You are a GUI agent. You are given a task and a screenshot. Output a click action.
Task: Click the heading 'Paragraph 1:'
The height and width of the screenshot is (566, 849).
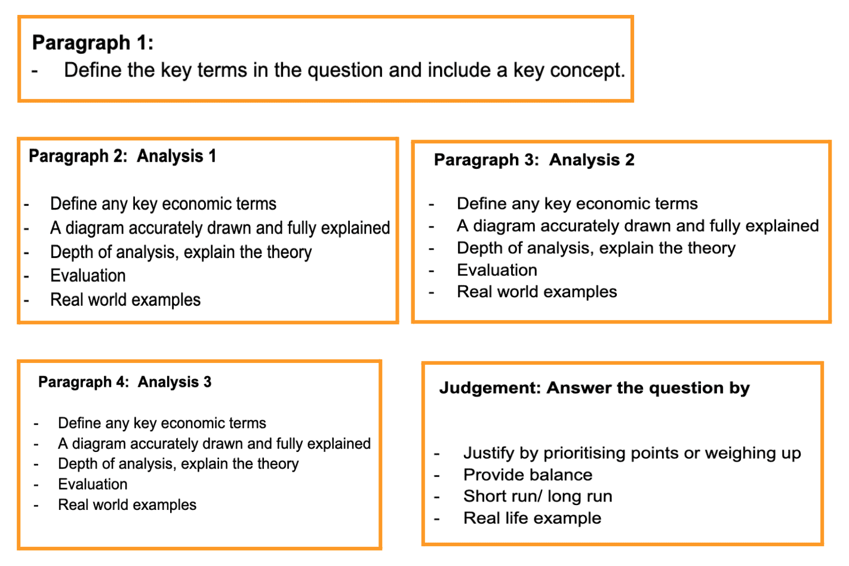pyautogui.click(x=93, y=43)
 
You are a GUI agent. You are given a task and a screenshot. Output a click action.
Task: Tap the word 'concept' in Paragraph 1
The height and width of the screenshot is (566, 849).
pyautogui.click(x=586, y=70)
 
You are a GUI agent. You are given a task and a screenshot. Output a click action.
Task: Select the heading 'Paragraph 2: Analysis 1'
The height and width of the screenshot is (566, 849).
pyautogui.click(x=122, y=156)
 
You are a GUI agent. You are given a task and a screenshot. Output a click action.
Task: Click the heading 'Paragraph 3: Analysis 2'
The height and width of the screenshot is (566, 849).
pyautogui.click(x=534, y=160)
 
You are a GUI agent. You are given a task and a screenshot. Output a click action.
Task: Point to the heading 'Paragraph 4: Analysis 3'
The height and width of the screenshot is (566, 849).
pyautogui.click(x=125, y=382)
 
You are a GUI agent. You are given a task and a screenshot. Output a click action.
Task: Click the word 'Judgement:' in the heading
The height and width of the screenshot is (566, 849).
pyautogui.click(x=490, y=388)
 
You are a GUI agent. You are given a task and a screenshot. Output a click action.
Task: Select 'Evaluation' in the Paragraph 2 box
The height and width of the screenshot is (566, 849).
pyautogui.click(x=88, y=276)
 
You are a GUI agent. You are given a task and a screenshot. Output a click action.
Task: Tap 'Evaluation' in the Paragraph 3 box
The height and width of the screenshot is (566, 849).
pyautogui.click(x=497, y=270)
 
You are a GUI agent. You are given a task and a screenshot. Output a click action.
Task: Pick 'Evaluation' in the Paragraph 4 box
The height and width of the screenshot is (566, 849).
pyautogui.click(x=93, y=484)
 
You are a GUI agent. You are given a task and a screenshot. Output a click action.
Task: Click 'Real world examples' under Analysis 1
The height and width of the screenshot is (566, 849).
pyautogui.click(x=125, y=300)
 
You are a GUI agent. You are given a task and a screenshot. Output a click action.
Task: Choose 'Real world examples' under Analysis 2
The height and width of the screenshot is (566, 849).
pyautogui.click(x=537, y=292)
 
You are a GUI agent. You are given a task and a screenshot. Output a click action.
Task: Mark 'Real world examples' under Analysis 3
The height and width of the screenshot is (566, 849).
pyautogui.click(x=127, y=505)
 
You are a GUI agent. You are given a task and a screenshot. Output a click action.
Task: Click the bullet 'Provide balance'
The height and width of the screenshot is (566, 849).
pyautogui.click(x=528, y=475)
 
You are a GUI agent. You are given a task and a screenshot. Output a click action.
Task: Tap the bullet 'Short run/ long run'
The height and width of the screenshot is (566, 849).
pyautogui.click(x=537, y=497)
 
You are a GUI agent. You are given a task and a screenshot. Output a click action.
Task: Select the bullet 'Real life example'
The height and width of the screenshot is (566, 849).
pyautogui.click(x=532, y=518)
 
